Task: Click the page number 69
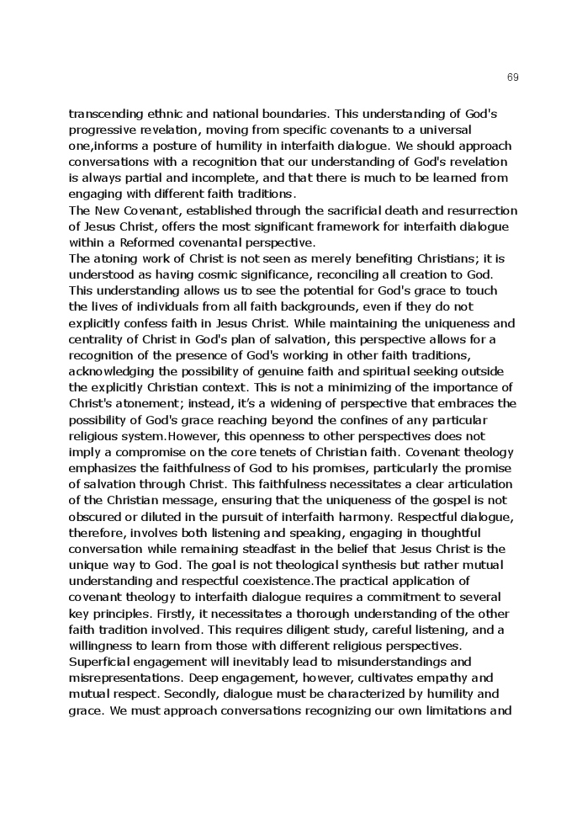point(513,77)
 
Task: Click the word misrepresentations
point(133,678)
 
